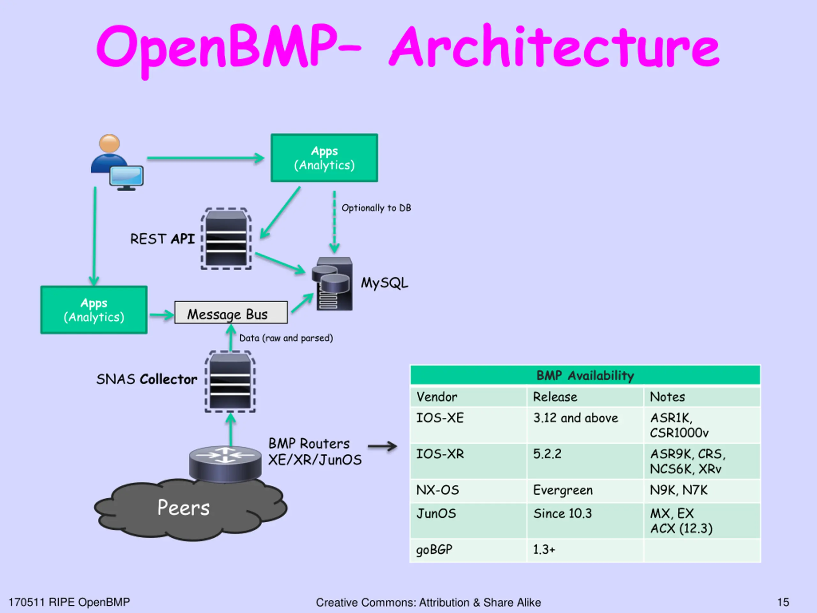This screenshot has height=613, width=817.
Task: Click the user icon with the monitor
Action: (117, 163)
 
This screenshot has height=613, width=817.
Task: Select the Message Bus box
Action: (231, 313)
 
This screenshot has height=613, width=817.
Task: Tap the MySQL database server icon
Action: (332, 284)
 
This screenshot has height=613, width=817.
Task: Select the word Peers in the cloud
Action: (183, 507)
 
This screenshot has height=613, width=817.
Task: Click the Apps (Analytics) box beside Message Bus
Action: (94, 310)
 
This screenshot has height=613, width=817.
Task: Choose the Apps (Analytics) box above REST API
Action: (324, 158)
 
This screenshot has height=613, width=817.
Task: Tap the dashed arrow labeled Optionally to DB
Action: (334, 222)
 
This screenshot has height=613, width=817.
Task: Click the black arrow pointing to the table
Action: (382, 446)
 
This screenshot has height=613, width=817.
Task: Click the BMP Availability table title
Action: (585, 375)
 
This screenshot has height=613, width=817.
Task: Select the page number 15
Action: (783, 602)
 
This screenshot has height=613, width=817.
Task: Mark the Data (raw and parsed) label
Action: (286, 338)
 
